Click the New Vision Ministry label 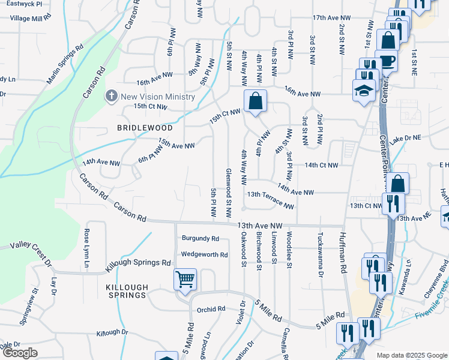[x=158, y=97]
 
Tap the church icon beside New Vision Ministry [x=111, y=96]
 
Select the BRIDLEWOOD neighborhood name [x=145, y=128]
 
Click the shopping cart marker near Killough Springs [x=185, y=279]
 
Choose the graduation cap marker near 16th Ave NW [x=364, y=91]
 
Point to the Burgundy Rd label [x=200, y=238]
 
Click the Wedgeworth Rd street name [x=205, y=254]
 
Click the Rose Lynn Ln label [x=86, y=248]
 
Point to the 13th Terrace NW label [x=271, y=200]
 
